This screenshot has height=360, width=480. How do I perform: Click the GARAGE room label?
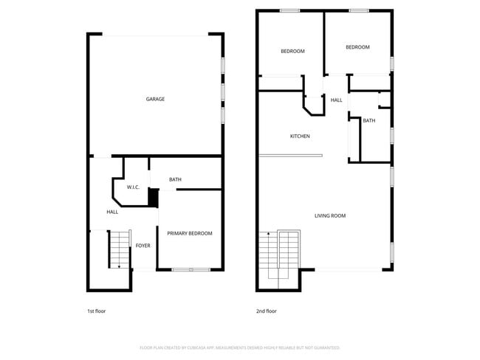[x=155, y=99]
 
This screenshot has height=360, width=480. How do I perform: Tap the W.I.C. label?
[x=133, y=187]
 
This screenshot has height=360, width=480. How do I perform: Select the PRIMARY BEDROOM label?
[x=189, y=233]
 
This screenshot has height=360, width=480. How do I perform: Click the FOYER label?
[x=143, y=246]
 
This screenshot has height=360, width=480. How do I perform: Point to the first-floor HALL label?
[x=112, y=212]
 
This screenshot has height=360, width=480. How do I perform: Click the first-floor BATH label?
[x=175, y=179]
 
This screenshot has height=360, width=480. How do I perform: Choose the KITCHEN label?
[x=300, y=136]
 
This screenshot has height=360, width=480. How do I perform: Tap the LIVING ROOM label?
[x=330, y=215]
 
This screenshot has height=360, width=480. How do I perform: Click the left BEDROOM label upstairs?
[x=292, y=51]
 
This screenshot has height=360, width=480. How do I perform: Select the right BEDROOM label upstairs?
[x=357, y=47]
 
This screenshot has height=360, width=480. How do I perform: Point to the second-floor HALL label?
[x=336, y=100]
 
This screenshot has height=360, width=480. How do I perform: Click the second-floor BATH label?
[x=368, y=120]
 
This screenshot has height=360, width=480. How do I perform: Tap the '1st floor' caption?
[x=97, y=311]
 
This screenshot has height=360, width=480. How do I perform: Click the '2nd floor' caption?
[x=266, y=311]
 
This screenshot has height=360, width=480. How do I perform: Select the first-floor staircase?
[x=119, y=249]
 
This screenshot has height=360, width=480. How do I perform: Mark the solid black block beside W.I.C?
[x=154, y=197]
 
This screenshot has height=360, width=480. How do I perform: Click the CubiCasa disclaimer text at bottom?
[x=239, y=347]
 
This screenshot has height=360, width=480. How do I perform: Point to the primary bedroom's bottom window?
[x=191, y=270]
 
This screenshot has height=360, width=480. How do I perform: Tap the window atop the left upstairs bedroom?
[x=289, y=10]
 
